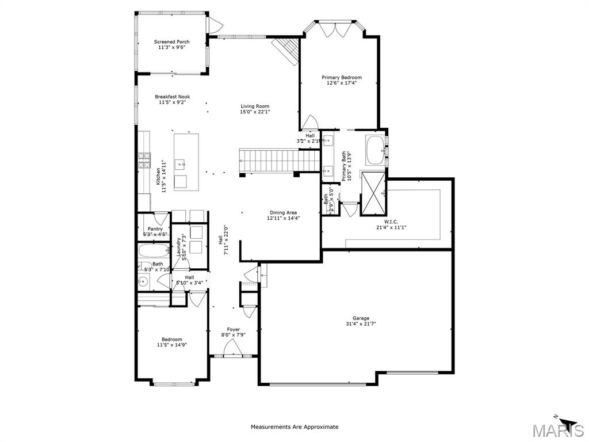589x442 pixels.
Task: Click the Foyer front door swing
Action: [x=232, y=347]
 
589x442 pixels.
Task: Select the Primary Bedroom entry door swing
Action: [x=309, y=122]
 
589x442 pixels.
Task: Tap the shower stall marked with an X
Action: [x=372, y=193]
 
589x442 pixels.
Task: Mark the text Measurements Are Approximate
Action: [x=294, y=427]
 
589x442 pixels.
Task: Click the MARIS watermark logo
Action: [x=557, y=429]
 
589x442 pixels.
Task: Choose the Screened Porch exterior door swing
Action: [x=215, y=25]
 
